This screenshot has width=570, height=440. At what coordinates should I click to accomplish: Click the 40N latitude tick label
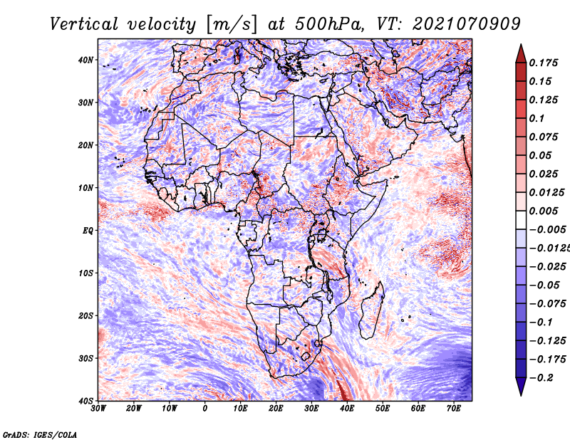coord(85,60)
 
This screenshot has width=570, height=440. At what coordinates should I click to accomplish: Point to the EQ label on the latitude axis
coord(88,231)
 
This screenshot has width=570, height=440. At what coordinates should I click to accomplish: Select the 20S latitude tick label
coord(85,315)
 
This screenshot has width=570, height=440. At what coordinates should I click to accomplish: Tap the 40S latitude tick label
coord(85,401)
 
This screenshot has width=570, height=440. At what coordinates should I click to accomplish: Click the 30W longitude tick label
coord(98,409)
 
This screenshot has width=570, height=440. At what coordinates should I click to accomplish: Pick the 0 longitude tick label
coord(205,409)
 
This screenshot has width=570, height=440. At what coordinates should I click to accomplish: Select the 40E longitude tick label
coord(347,409)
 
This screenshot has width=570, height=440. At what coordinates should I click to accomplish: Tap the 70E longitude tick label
coord(454,409)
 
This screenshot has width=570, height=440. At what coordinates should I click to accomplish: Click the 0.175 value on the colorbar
coord(543,63)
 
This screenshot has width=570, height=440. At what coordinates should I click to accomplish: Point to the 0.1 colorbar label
coord(537,118)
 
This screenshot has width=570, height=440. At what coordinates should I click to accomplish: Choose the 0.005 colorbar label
coord(543,211)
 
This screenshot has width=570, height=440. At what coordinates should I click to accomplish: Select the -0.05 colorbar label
coord(544,286)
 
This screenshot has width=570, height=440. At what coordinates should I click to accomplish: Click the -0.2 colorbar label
coord(541,378)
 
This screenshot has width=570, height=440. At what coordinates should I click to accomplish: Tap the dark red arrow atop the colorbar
coord(521,54)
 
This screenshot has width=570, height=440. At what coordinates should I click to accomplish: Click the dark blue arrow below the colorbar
coord(521,387)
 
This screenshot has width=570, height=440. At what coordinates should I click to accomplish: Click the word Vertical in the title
coord(84,24)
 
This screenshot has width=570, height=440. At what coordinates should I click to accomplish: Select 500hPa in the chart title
coord(329,24)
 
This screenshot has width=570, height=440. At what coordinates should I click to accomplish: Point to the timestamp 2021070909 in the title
coord(467,24)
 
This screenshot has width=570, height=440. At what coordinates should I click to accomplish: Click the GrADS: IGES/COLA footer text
coord(40,434)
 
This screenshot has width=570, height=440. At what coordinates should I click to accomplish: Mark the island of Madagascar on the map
coord(372,310)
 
